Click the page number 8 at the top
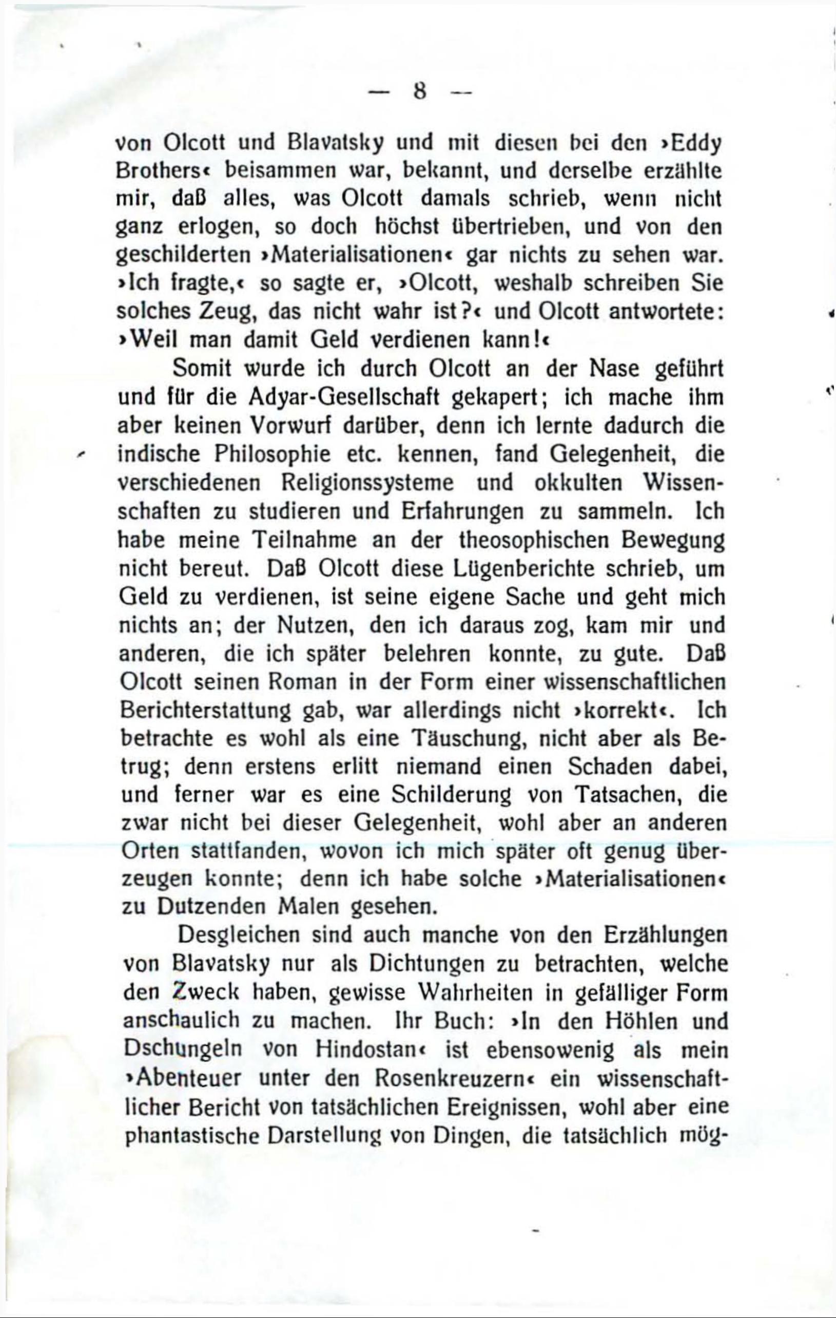[x=420, y=91]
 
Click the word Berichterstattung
[x=205, y=711]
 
